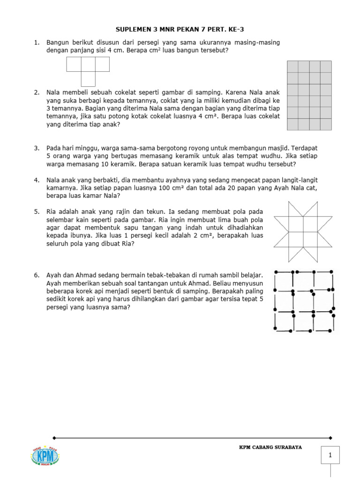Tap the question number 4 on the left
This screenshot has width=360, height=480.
coord(36,180)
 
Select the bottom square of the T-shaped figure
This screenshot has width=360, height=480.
coord(88,79)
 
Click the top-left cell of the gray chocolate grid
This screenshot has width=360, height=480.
coord(292,67)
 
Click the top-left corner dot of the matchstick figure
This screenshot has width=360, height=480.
coord(276,272)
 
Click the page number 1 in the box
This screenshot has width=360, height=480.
coord(330,455)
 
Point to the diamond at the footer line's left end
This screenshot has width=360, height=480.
coord(55,438)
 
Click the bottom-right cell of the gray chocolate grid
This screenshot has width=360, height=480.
coord(326,124)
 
